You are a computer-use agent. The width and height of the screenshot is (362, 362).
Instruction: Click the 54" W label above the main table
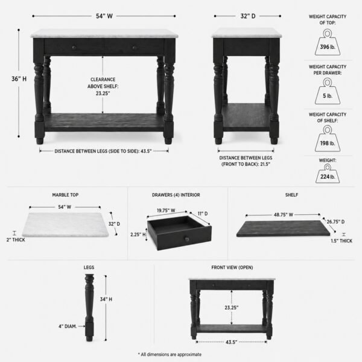[x=104, y=16]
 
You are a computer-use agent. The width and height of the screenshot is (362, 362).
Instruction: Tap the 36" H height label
[x=19, y=79]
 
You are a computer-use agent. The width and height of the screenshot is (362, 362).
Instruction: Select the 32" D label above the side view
[x=248, y=16]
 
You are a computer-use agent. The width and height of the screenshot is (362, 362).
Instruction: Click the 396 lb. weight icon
[x=328, y=42]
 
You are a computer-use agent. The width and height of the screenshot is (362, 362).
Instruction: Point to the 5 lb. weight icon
[x=328, y=91]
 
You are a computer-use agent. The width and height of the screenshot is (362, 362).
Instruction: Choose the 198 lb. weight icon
[x=328, y=139]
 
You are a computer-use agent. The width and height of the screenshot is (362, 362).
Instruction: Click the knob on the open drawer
[x=187, y=239]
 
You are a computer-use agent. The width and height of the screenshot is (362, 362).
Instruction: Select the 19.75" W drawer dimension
[x=166, y=211]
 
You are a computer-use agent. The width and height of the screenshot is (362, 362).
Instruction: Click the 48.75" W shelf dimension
[x=284, y=215]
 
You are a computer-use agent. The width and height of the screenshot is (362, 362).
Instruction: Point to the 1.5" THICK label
[x=341, y=241]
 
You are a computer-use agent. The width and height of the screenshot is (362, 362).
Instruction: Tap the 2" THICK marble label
[x=16, y=240]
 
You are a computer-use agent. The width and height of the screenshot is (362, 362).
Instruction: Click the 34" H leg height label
[x=106, y=299]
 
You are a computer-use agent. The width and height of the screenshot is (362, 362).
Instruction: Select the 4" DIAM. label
[x=68, y=326]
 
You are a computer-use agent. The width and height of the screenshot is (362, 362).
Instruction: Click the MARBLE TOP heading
[x=65, y=195]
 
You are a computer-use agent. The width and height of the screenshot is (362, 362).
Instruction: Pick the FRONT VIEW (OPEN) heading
[x=232, y=267]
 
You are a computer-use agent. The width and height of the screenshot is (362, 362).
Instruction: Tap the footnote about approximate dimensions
[x=170, y=354]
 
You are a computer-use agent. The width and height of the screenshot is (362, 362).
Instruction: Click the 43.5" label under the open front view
[x=231, y=342]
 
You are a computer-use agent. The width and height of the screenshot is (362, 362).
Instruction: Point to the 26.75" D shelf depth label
[x=335, y=221]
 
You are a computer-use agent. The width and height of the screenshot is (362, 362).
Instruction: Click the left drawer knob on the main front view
[x=74, y=48]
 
